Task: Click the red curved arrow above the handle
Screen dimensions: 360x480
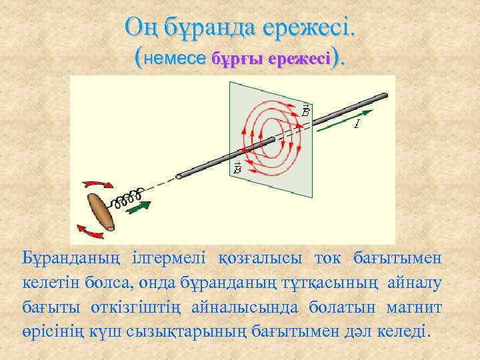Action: pos(99,183)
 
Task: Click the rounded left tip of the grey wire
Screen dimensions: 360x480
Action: pos(179,177)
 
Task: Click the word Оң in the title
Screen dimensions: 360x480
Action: pos(141,28)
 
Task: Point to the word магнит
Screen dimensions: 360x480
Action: pos(418,306)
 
